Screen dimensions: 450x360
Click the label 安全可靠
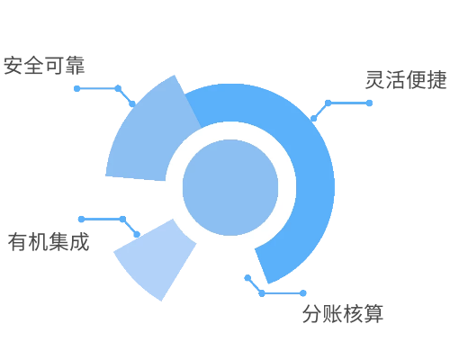[x=44, y=65]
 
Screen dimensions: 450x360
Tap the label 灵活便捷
[x=406, y=80]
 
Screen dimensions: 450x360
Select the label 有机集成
[x=49, y=242]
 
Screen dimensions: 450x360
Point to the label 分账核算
[x=343, y=314]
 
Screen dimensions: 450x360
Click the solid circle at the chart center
[x=230, y=187]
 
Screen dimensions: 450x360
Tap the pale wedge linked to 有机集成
[x=156, y=258]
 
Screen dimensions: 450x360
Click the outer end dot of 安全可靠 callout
[x=77, y=88]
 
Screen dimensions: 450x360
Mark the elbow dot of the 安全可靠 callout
[x=118, y=88]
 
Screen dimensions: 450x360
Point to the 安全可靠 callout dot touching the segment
[x=132, y=103]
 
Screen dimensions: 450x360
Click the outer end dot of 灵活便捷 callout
[x=369, y=103]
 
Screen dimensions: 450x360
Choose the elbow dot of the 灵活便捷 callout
[x=328, y=103]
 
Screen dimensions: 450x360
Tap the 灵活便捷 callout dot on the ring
[x=313, y=119]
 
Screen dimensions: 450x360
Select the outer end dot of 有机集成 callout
[x=81, y=220]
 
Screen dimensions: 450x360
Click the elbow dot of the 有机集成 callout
[x=122, y=220]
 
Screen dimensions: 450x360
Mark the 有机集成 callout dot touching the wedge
[x=137, y=234]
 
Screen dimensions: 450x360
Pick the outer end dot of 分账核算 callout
[x=303, y=293]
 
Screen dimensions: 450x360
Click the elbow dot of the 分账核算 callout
[x=262, y=293]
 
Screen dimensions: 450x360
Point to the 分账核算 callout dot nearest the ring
[x=247, y=278]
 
